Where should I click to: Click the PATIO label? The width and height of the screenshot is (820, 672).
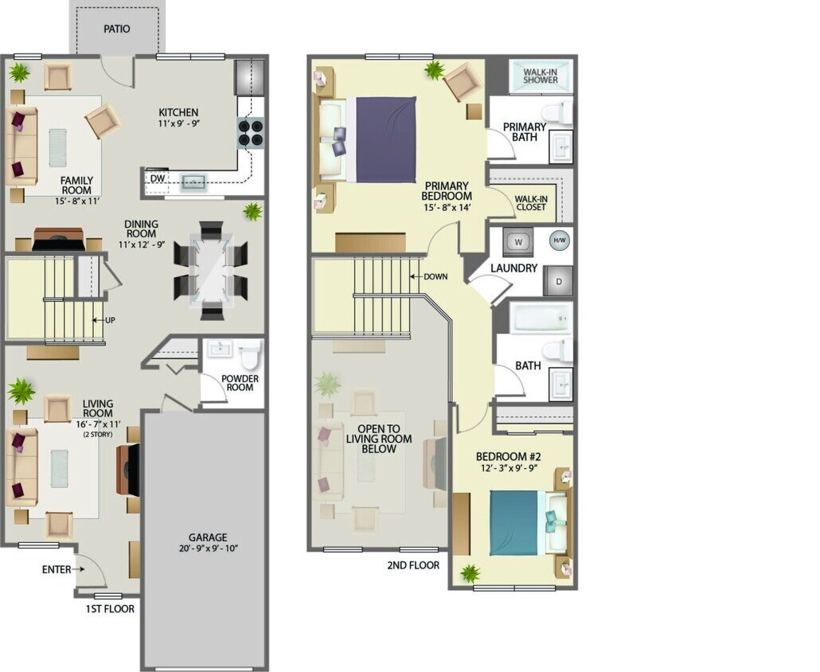tap(116, 29)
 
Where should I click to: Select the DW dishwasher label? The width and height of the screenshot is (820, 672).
tap(158, 178)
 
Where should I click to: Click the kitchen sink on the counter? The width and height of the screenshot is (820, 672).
tap(193, 182)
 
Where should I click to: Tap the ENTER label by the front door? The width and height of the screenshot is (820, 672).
tap(57, 569)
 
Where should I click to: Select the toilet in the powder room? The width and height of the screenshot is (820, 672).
tap(249, 351)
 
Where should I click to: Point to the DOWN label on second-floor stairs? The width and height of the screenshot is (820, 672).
tap(435, 276)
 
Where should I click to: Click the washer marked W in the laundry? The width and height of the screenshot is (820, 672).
tap(517, 240)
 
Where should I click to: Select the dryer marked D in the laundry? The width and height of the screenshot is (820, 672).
tap(558, 281)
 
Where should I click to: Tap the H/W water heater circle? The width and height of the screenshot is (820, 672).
tap(559, 240)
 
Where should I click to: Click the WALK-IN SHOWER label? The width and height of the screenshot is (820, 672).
tap(541, 76)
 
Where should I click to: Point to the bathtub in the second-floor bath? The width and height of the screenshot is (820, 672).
tap(541, 318)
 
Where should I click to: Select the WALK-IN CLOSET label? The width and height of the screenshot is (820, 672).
tap(530, 202)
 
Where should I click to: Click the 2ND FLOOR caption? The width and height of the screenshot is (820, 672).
tap(413, 565)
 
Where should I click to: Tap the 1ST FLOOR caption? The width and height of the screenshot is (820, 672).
tap(110, 609)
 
